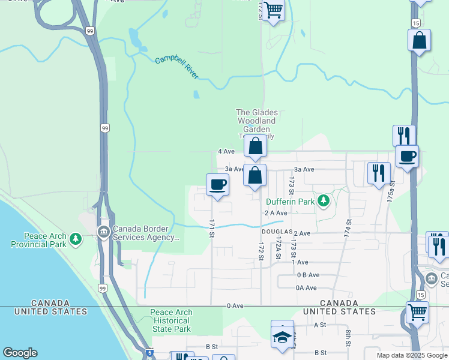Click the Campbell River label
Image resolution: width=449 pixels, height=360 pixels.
177,68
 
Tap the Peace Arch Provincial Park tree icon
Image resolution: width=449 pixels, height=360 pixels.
75,240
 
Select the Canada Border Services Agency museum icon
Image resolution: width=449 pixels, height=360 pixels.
103,231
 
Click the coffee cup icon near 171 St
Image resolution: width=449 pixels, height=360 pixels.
217,184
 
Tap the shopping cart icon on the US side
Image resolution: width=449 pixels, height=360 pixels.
417,311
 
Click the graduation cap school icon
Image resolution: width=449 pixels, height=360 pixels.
282,336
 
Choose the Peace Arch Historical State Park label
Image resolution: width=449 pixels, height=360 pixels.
170,320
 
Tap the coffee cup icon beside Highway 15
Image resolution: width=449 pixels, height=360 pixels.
407,156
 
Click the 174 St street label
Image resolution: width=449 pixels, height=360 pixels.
348,227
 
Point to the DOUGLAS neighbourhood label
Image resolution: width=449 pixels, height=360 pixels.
277,232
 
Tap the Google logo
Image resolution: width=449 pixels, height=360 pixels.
20,353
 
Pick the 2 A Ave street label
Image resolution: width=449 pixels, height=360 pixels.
276,213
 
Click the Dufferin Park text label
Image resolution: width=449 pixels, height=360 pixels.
291,202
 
